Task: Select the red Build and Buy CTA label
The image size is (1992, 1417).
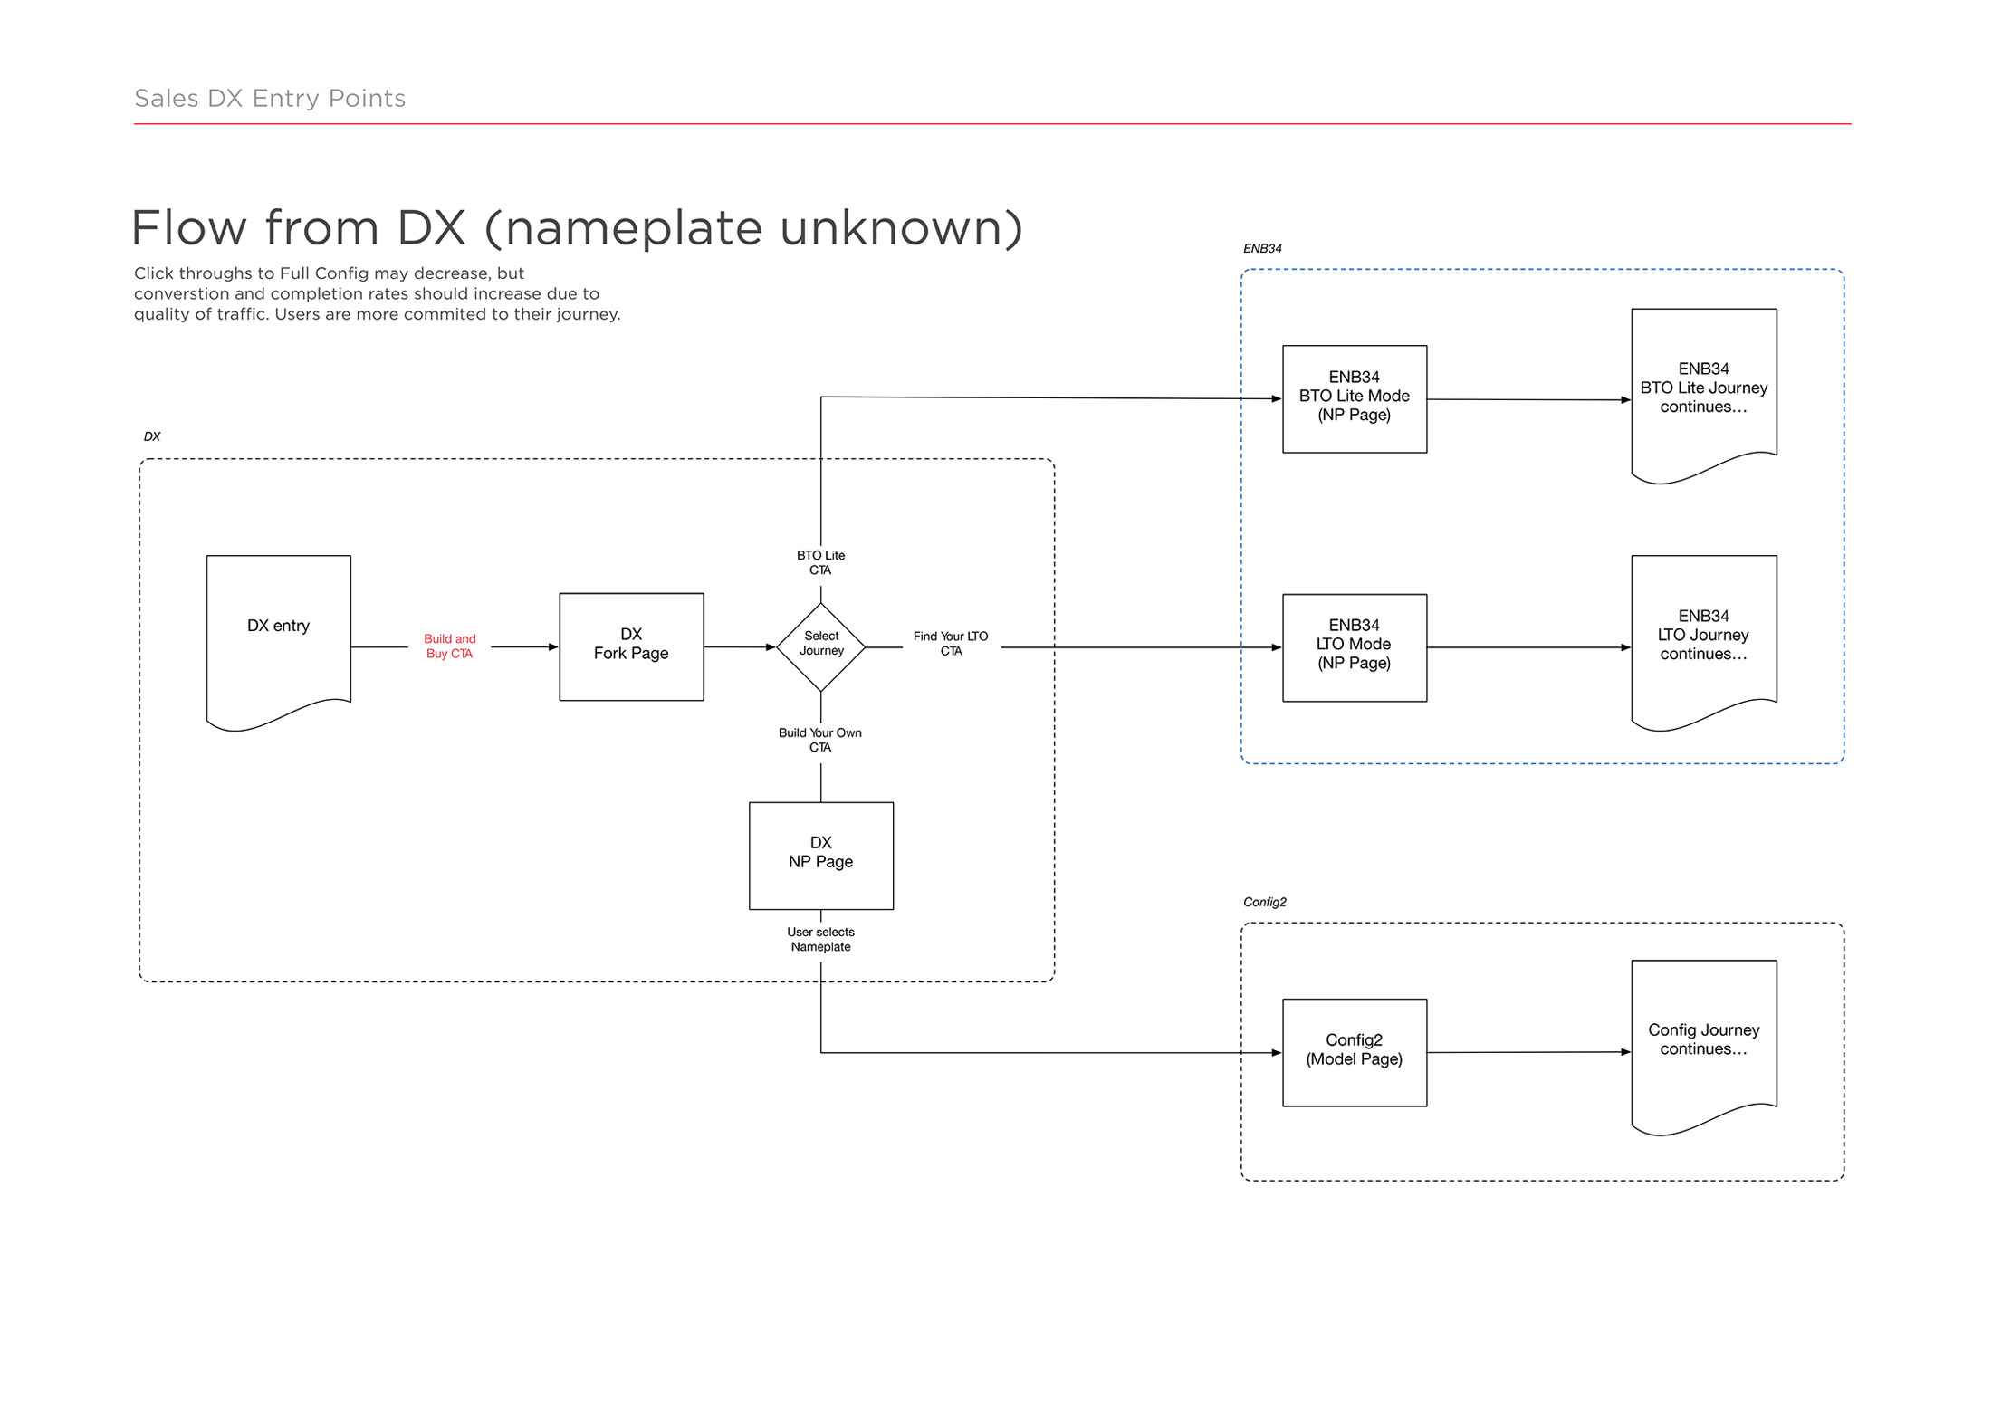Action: click(x=449, y=646)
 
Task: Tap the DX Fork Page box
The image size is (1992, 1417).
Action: click(x=631, y=646)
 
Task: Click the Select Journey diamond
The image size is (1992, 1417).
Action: click(x=820, y=646)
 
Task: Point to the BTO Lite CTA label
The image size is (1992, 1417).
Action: click(x=820, y=562)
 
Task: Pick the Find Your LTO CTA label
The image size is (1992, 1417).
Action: click(x=950, y=643)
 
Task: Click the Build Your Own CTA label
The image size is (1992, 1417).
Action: click(x=819, y=740)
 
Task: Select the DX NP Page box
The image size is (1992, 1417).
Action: click(x=820, y=855)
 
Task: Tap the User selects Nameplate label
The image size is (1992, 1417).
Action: click(x=820, y=939)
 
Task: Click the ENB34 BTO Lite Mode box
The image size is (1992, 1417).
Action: click(x=1354, y=398)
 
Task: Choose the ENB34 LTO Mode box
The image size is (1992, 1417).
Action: click(x=1354, y=646)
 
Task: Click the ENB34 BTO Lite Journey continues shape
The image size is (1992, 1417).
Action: click(x=1702, y=389)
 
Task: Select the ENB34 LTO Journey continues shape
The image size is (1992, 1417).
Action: click(x=1702, y=637)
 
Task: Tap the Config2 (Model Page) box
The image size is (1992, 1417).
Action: click(x=1354, y=1051)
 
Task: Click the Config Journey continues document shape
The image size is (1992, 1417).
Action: click(x=1702, y=1041)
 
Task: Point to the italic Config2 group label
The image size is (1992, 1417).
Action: click(x=1264, y=902)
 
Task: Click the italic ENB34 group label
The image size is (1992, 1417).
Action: click(x=1261, y=248)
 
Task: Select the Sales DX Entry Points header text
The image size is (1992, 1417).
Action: click(x=270, y=98)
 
